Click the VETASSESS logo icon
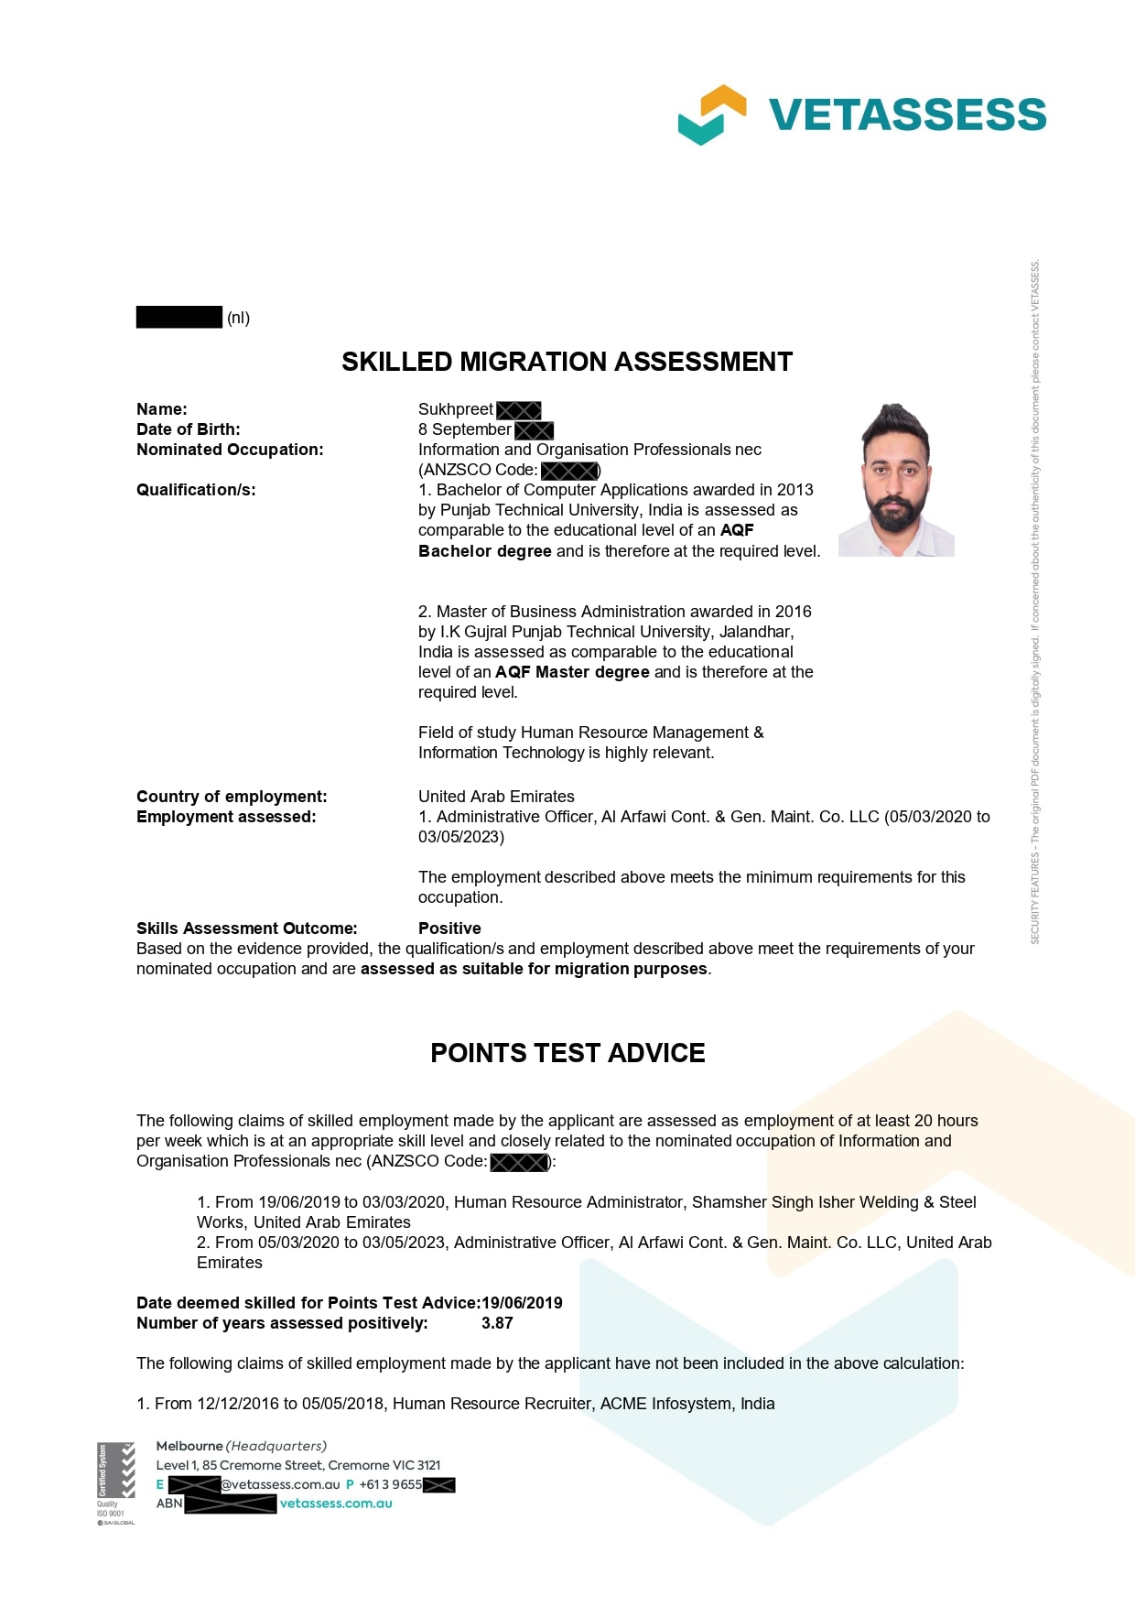coord(711,114)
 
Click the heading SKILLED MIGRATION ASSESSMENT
coord(567,362)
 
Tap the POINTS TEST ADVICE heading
coord(567,1053)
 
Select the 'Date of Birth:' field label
coord(189,429)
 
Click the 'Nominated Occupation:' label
coord(230,450)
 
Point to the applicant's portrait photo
coord(896,479)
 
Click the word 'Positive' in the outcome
coord(449,928)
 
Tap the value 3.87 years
coord(497,1323)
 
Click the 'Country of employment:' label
coord(232,797)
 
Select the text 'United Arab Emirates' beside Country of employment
coord(496,797)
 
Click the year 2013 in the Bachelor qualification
coord(794,490)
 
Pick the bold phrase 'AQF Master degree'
coord(572,672)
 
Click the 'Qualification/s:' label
coord(196,490)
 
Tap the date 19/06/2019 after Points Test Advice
coord(522,1303)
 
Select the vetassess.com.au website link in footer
coord(336,1504)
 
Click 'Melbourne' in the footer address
coord(189,1446)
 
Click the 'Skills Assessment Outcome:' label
coord(247,928)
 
